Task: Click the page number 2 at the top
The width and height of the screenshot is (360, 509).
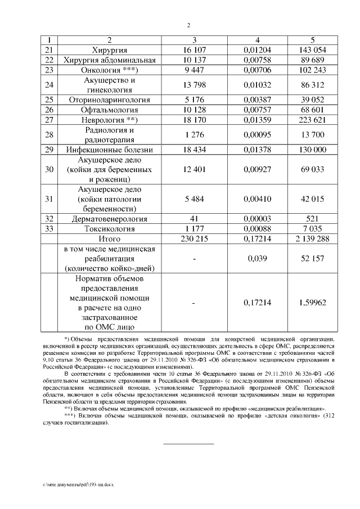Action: coord(189,25)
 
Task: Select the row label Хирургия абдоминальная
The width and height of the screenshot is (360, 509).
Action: coord(110,60)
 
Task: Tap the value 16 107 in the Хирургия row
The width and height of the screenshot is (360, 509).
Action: coord(195,50)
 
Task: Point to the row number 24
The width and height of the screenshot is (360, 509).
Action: coord(49,85)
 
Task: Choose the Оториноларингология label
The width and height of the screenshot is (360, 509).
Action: coord(110,100)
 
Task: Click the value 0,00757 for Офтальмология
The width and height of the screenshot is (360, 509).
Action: coord(257,110)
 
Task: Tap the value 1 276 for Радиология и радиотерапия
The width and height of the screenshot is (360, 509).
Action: coord(195,135)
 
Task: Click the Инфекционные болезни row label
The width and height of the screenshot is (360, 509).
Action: coord(110,150)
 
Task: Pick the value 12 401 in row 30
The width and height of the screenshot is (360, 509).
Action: coord(195,170)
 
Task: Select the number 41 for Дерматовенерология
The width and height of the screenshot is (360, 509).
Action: coord(195,219)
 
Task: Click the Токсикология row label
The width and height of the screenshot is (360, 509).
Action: coord(110,229)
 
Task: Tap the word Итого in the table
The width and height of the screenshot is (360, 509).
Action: coord(110,239)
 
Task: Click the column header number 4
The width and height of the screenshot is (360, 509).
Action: coord(257,40)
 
